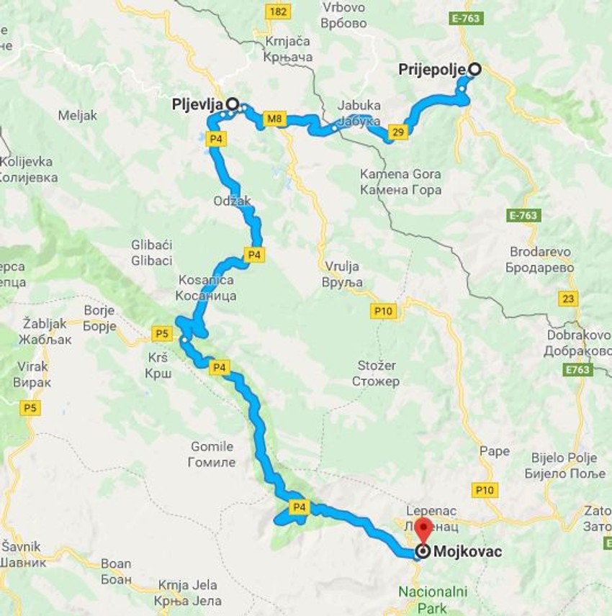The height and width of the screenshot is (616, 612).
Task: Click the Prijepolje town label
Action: pyautogui.click(x=433, y=70)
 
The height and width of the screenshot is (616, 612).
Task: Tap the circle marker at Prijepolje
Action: pyautogui.click(x=474, y=69)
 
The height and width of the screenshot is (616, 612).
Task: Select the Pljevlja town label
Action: pyautogui.click(x=198, y=104)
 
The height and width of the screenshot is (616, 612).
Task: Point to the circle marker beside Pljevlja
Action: pyautogui.click(x=233, y=104)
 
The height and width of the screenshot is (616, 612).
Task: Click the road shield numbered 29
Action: pyautogui.click(x=397, y=131)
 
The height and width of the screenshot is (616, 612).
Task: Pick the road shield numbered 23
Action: pyautogui.click(x=570, y=299)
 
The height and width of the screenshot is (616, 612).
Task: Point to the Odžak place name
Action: pyautogui.click(x=232, y=201)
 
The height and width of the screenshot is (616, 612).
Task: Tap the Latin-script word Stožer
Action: pyautogui.click(x=376, y=366)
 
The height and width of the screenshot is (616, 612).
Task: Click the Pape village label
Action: pyautogui.click(x=494, y=451)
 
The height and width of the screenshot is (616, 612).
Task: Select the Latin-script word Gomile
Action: pyautogui.click(x=211, y=446)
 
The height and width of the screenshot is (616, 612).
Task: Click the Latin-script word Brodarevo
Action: pyautogui.click(x=540, y=252)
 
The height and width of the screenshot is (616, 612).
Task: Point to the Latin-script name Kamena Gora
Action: pyautogui.click(x=400, y=174)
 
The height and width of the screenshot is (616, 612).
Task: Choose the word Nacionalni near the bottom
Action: pyautogui.click(x=432, y=592)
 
